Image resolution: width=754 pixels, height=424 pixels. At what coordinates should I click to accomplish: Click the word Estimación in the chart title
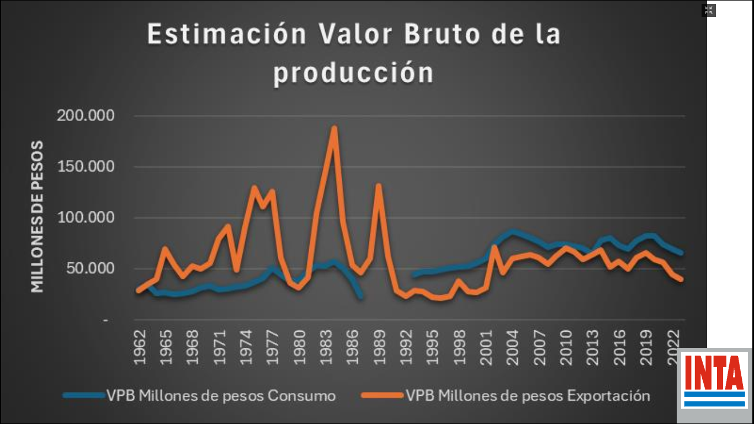pos(226,34)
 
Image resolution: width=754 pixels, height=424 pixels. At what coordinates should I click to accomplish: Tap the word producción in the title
pos(353,73)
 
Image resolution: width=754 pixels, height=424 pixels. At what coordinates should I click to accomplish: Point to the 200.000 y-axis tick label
pos(85,116)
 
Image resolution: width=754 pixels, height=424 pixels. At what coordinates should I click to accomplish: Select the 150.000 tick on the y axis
pos(85,167)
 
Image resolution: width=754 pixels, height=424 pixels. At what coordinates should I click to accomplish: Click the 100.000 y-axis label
pos(85,218)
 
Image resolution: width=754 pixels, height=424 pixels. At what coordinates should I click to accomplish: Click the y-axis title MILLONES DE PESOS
pos(38,216)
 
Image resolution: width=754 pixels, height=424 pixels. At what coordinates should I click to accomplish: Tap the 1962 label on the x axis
pos(140,348)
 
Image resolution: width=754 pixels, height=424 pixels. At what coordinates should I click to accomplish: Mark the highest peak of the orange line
pos(334,128)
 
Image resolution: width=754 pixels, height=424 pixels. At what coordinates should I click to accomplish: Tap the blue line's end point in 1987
pos(360,298)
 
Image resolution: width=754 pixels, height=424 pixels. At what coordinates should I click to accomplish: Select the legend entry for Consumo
pos(199,395)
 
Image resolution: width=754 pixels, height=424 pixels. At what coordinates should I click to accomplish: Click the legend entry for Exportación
pos(505,395)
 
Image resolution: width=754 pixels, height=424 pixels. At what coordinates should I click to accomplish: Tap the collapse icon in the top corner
pos(709,10)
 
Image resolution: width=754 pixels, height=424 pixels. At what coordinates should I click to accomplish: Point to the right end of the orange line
pos(682,279)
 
